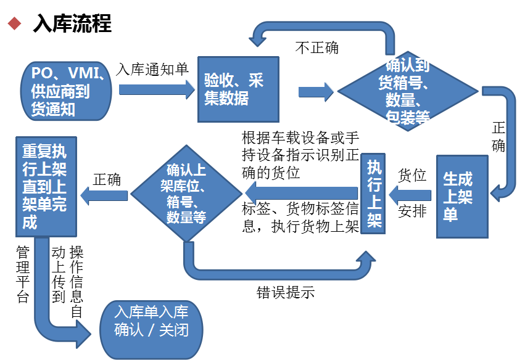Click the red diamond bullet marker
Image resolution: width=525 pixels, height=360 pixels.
click(x=14, y=23)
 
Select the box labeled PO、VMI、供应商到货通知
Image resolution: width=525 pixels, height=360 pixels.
click(x=66, y=91)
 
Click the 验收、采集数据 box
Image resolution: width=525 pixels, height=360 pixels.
click(x=238, y=89)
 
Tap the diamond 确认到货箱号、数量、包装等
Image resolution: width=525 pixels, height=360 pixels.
click(x=407, y=91)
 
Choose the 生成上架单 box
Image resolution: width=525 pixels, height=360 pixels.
click(x=461, y=196)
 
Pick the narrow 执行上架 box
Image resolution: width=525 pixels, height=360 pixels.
click(x=373, y=194)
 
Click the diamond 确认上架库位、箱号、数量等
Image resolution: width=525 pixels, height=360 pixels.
click(x=186, y=194)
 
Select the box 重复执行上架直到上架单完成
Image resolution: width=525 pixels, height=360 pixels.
click(x=46, y=186)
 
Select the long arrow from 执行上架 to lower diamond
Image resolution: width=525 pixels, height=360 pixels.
click(x=302, y=194)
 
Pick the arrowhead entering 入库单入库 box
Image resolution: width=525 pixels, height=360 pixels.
click(x=85, y=326)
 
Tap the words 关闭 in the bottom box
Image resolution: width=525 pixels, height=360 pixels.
click(x=173, y=330)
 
